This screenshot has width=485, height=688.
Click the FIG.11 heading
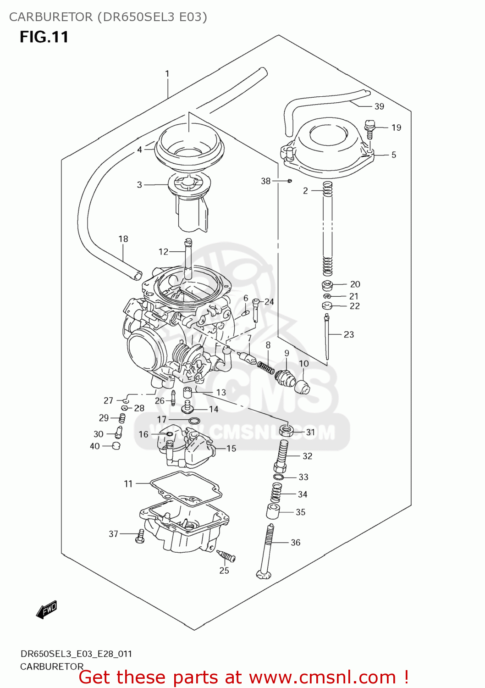(44, 37)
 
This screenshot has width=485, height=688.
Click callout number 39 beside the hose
(379, 106)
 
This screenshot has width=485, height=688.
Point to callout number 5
(394, 155)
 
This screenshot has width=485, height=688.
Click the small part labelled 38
(290, 181)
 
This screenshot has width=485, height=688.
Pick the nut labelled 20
(327, 285)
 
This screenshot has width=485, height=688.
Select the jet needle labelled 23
(326, 337)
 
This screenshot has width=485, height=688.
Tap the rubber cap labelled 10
(302, 386)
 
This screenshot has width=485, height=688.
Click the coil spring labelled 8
(265, 367)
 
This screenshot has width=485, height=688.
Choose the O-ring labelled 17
(194, 421)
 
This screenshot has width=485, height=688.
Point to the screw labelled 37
(140, 536)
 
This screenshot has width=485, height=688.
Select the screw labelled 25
(226, 556)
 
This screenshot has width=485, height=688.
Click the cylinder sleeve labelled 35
(273, 511)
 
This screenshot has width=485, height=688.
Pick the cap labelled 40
(116, 446)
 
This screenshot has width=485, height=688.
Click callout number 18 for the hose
(123, 239)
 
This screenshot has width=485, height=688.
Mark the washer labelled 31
(286, 431)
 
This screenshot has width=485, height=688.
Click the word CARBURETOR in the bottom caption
(52, 666)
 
